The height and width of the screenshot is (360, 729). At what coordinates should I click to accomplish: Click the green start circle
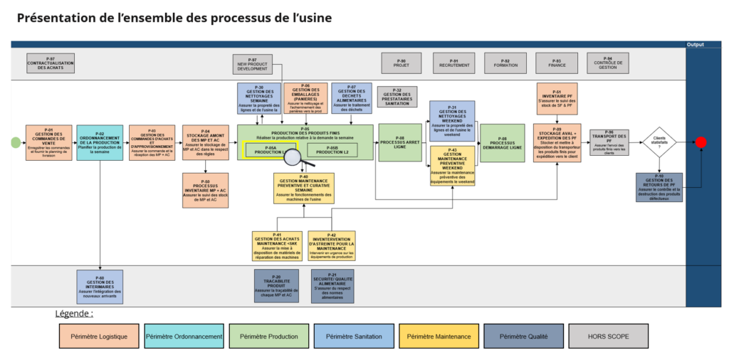[16, 142]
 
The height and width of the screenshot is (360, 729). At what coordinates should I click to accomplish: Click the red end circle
[701, 142]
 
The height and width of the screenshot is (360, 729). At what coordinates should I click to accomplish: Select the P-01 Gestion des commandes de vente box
[49, 142]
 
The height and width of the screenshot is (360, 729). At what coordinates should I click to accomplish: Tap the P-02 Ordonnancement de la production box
[100, 142]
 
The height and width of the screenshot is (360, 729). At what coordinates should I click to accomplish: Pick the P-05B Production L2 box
[332, 150]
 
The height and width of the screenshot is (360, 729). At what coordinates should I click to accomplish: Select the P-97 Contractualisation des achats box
[51, 63]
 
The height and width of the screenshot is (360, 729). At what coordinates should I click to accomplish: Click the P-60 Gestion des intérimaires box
[100, 285]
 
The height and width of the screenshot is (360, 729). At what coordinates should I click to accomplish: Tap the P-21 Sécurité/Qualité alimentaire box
[332, 285]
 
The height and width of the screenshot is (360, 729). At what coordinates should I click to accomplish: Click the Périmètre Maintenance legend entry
[439, 336]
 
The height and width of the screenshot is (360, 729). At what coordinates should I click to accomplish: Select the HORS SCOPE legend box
[608, 336]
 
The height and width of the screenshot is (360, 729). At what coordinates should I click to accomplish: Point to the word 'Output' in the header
[696, 44]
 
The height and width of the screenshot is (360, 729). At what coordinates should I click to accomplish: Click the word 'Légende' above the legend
[74, 313]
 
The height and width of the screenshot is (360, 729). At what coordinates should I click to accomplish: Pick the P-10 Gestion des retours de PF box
[659, 186]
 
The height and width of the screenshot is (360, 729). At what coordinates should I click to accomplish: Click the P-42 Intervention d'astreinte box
[332, 245]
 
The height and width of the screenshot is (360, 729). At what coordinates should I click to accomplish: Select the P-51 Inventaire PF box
[557, 99]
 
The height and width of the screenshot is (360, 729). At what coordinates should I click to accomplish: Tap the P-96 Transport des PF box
[609, 142]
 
